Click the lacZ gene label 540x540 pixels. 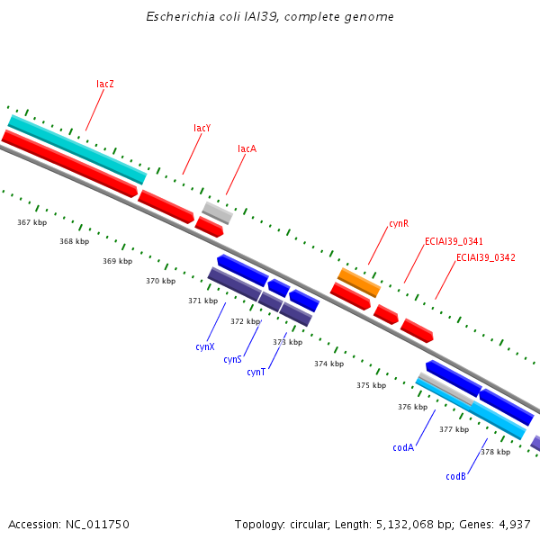point(105,84)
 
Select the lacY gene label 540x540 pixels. point(202,129)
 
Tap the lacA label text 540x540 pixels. point(247,148)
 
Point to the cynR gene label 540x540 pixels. point(399,223)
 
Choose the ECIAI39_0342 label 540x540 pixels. point(486,257)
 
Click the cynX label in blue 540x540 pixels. point(205,346)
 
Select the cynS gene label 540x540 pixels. point(232,359)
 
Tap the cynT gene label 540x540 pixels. point(256,372)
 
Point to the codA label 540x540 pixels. point(402,447)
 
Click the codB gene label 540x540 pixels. point(455,476)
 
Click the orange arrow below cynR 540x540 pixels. point(359,282)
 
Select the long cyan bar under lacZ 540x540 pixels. point(76,148)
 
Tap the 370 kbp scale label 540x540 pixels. point(160,281)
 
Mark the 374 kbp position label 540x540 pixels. point(328,364)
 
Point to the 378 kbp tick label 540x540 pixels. point(495,452)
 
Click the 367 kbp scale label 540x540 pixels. point(31,221)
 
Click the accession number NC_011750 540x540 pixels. point(96,524)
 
